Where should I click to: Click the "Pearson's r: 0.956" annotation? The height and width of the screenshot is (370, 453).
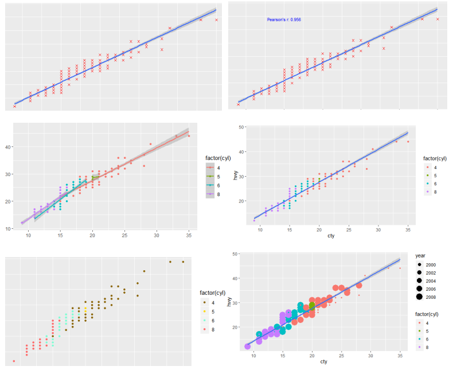click(x=284, y=20)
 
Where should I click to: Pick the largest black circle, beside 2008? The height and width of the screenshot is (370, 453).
click(x=420, y=297)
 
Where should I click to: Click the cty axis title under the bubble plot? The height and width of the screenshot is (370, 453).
click(x=323, y=362)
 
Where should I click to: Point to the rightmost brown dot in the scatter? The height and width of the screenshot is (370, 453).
click(x=183, y=262)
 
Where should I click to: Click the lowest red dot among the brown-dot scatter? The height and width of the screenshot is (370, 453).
click(x=14, y=361)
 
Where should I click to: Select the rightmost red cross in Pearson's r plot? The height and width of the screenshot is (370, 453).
click(x=438, y=19)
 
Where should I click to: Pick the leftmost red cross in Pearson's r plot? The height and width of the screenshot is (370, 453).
click(x=238, y=104)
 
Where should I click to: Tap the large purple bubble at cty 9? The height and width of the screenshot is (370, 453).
click(x=248, y=346)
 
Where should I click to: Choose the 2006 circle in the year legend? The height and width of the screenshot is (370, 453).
click(x=420, y=289)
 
